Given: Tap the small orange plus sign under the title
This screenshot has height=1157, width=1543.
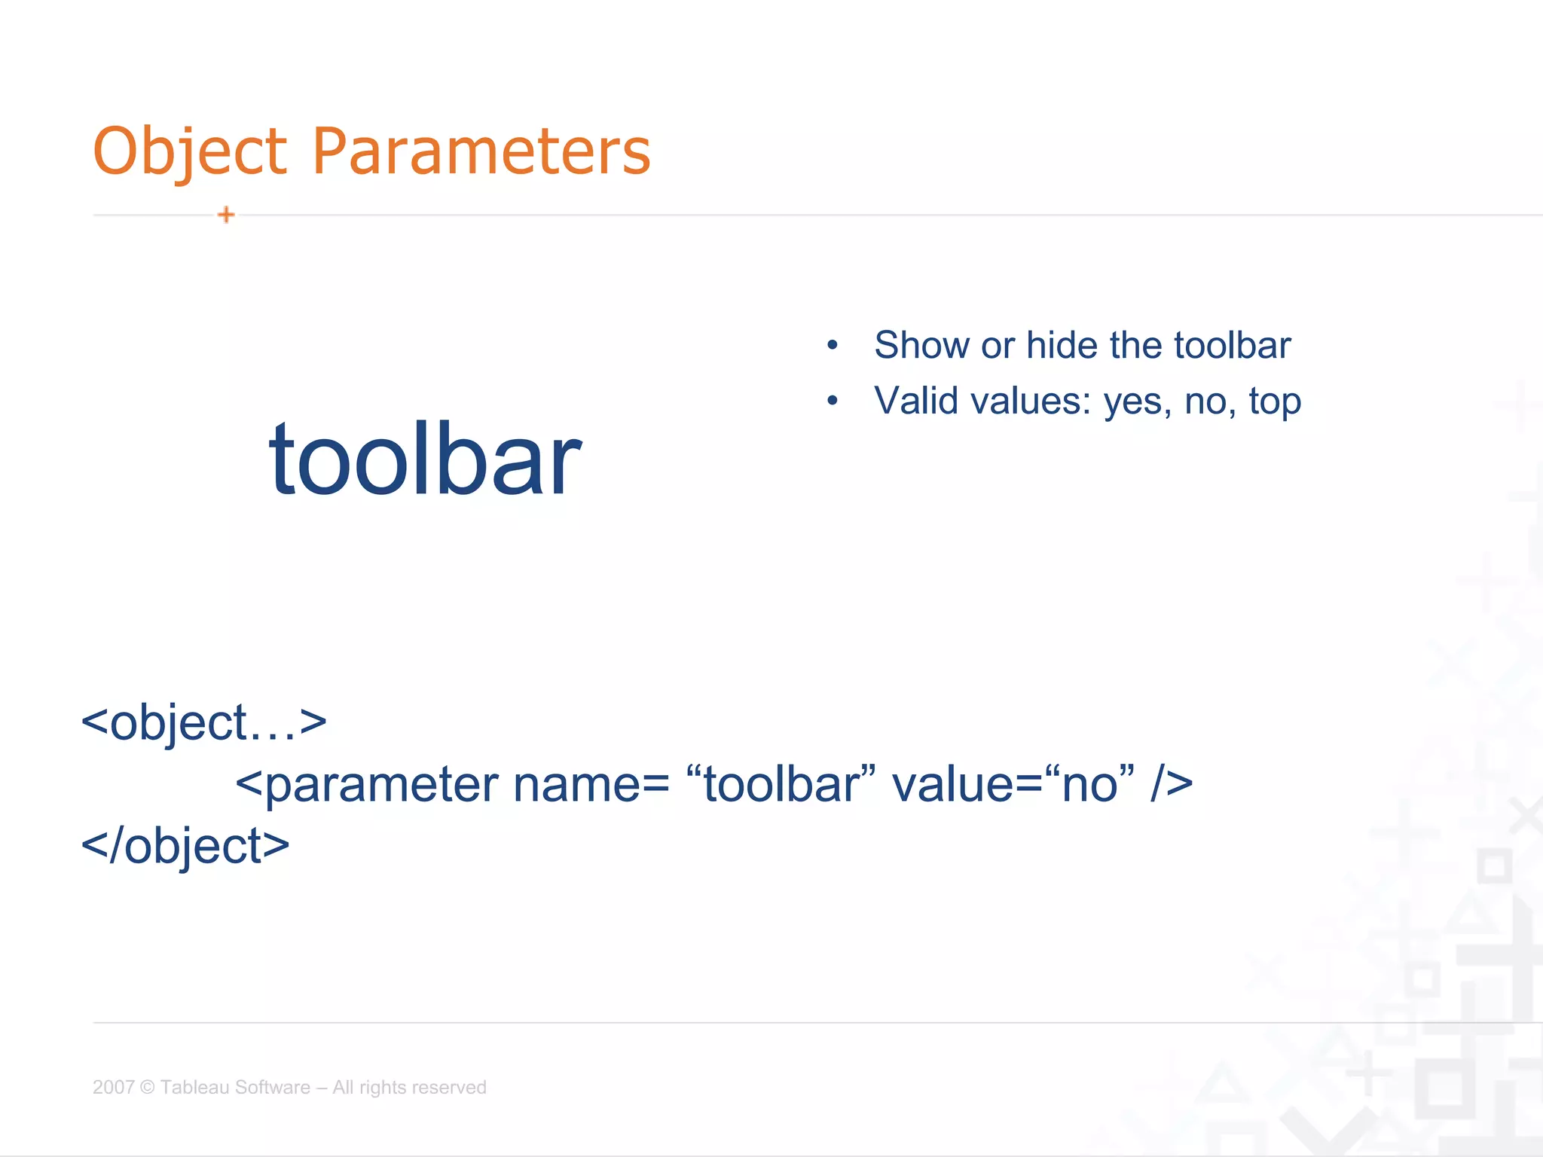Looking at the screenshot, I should pos(226,215).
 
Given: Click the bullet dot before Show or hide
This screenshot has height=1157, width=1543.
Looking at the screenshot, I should pos(832,346).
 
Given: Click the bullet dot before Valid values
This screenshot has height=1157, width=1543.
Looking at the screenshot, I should pos(832,401).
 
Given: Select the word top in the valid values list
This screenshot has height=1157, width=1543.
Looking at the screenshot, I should pos(1275,402).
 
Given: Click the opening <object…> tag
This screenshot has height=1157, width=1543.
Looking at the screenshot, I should pos(203,723).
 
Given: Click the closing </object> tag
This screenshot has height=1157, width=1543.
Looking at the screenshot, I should pos(185,846).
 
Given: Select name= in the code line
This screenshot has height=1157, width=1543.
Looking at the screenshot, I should pos(591,785).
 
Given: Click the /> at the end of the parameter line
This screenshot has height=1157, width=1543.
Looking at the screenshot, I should pos(1172,785).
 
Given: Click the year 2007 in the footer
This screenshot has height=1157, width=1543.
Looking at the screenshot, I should pos(113,1087).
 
